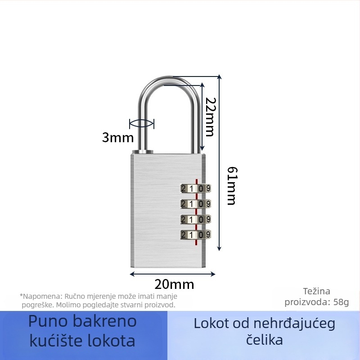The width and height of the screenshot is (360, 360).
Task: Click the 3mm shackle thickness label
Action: (x=118, y=138)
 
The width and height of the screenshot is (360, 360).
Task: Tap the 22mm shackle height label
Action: (x=211, y=117)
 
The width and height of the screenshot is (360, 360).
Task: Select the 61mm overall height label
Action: (x=232, y=186)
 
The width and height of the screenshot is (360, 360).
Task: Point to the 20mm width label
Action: (x=174, y=284)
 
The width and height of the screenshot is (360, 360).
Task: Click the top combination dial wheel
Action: (x=196, y=189)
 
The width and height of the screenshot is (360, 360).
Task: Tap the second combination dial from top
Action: (x=196, y=204)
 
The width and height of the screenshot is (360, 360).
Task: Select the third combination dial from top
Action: (x=196, y=219)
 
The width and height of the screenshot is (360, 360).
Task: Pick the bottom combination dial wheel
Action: (x=196, y=234)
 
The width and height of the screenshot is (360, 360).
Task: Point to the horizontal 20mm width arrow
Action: (x=173, y=274)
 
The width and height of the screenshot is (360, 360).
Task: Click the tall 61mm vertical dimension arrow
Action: (x=220, y=162)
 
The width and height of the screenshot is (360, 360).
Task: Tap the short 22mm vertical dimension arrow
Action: (x=202, y=117)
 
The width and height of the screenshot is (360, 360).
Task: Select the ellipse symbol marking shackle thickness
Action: (x=142, y=124)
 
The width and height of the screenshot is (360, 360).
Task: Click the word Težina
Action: (x=317, y=291)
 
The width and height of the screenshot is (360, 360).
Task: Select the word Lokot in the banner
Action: (x=211, y=324)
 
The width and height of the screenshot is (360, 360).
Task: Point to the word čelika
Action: (x=265, y=340)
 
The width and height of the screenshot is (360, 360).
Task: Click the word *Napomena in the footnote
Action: (x=41, y=296)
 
